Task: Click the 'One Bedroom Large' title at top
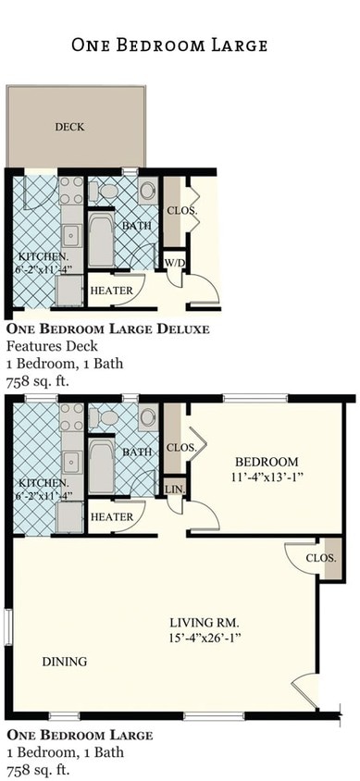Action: pyautogui.click(x=169, y=44)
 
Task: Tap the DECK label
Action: pyautogui.click(x=68, y=127)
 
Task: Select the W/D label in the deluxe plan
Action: pyautogui.click(x=175, y=263)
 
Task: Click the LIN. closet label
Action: pyautogui.click(x=173, y=489)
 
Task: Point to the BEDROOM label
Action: pyautogui.click(x=266, y=462)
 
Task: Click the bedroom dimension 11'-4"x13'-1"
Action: pyautogui.click(x=266, y=477)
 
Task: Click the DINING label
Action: pyautogui.click(x=64, y=662)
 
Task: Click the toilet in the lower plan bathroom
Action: pyautogui.click(x=107, y=418)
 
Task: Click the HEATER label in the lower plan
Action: pyautogui.click(x=111, y=517)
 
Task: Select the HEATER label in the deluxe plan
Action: pyautogui.click(x=111, y=291)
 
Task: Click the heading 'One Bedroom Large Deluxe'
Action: pyautogui.click(x=107, y=329)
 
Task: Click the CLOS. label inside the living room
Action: pyautogui.click(x=320, y=558)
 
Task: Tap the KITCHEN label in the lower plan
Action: pyautogui.click(x=43, y=482)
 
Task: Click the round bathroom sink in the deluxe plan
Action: pyautogui.click(x=148, y=192)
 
